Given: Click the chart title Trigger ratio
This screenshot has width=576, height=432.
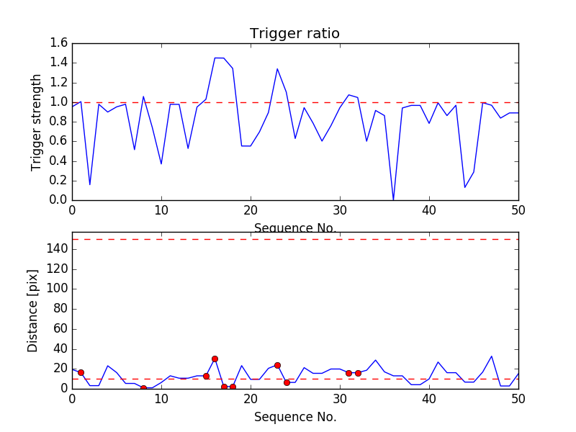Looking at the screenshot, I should point(294,34).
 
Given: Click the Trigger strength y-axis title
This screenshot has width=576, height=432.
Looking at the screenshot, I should point(37,122).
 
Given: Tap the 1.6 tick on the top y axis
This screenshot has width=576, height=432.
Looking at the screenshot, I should point(59,43).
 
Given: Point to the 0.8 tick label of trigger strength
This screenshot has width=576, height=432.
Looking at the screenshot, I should point(59,122).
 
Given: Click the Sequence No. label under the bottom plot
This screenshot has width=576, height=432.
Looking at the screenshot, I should point(294,417).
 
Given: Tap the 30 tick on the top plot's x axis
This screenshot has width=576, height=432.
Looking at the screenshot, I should point(340,210).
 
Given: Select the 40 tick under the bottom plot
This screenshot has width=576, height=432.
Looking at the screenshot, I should point(429,399).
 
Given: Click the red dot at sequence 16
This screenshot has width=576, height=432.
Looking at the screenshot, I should point(215,359).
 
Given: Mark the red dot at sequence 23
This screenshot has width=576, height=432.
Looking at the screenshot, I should point(277,365).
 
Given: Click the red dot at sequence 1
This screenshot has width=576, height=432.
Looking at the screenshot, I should point(81,372).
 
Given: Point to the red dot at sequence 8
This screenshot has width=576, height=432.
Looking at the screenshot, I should point(143,388).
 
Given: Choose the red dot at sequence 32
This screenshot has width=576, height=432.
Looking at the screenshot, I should point(358,373).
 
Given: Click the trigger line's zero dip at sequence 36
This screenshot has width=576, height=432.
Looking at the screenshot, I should point(393,200).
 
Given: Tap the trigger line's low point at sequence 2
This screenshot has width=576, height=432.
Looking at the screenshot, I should point(90,185).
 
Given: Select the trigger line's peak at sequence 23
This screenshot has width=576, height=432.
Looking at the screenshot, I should point(277,69).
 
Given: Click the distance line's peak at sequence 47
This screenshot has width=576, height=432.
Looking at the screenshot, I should point(492,356).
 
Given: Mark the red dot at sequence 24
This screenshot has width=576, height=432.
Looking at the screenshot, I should point(287,382).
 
